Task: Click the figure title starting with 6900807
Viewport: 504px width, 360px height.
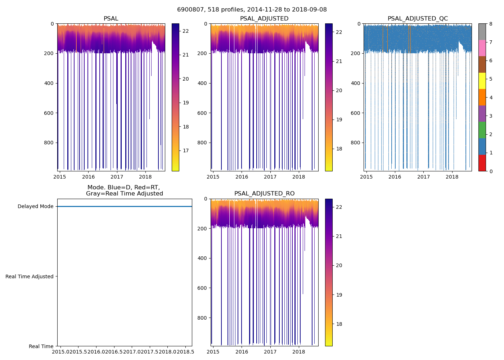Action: tap(252, 10)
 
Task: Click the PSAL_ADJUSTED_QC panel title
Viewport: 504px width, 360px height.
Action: tap(418, 19)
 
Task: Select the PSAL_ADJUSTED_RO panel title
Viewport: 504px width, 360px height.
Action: tap(264, 194)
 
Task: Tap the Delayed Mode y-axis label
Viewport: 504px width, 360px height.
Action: tap(35, 206)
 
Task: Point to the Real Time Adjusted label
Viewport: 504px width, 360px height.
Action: tap(30, 276)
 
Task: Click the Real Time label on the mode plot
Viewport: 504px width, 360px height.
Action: tap(41, 346)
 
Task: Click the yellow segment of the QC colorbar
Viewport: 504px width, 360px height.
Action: tap(482, 81)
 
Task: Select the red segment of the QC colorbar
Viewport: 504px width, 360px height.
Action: tap(482, 163)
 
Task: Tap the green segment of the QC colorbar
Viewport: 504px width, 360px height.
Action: tap(482, 130)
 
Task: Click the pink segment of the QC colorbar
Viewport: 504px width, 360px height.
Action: tap(482, 48)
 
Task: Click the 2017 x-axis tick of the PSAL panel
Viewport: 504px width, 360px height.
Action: tap(117, 177)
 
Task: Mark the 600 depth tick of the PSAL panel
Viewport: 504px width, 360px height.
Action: tap(49, 113)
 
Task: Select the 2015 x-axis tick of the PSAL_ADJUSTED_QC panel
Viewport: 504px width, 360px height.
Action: tap(366, 177)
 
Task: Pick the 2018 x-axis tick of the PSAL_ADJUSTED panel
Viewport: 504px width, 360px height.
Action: tap(299, 177)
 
